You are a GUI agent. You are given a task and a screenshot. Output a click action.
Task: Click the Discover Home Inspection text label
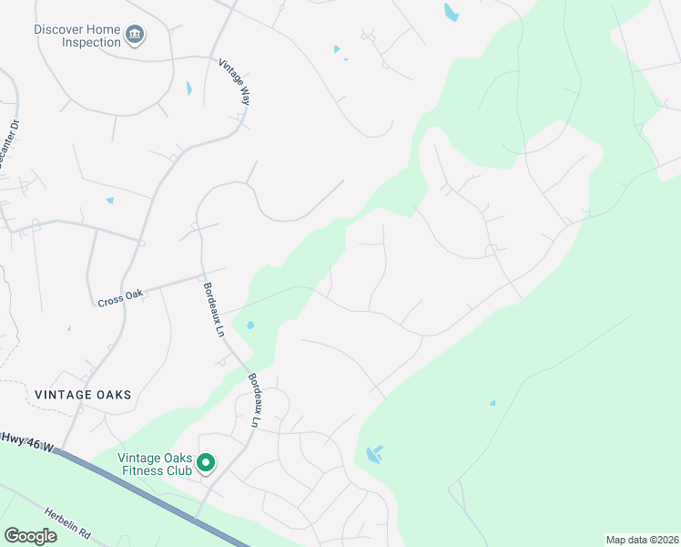tap(77, 36)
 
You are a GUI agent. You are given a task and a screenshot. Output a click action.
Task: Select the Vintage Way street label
tap(234, 82)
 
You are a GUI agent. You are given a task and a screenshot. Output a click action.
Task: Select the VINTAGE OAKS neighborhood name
tap(83, 395)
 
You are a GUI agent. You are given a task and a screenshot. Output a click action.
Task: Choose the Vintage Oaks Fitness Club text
tap(155, 464)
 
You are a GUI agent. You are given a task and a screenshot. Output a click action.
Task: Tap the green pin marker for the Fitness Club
tap(206, 463)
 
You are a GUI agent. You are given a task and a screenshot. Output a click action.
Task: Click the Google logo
tap(31, 536)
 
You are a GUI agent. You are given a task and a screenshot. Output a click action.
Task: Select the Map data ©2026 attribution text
tap(642, 540)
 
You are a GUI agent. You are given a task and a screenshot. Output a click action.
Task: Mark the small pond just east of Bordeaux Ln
tap(250, 325)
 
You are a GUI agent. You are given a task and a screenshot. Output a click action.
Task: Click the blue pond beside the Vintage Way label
tap(189, 88)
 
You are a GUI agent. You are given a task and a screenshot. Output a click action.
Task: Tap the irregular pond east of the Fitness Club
tap(373, 454)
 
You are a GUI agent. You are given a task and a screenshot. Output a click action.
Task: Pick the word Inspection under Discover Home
tap(90, 42)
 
